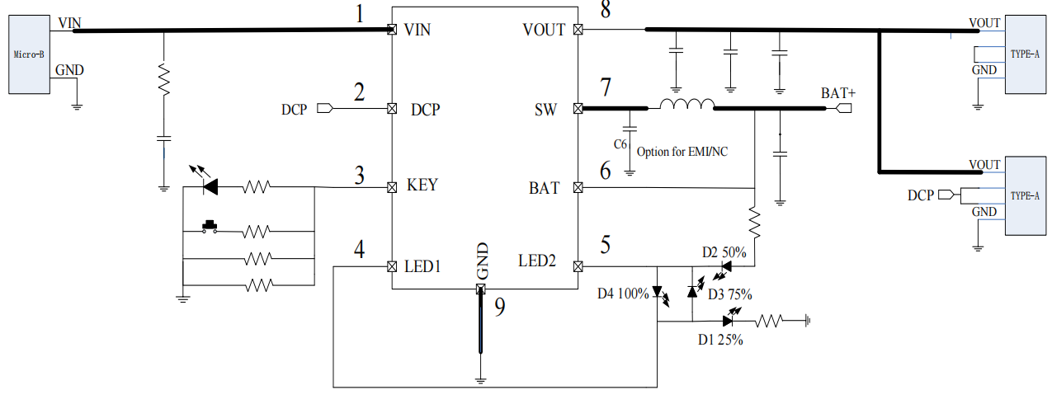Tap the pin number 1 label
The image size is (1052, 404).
click(x=358, y=13)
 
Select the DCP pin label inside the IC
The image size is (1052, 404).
click(x=425, y=109)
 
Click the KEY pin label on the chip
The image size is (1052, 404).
click(x=422, y=186)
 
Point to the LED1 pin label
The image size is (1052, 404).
click(x=423, y=266)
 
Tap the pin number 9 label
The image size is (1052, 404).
click(x=498, y=307)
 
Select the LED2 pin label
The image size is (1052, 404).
click(x=537, y=261)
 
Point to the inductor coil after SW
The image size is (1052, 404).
click(x=686, y=105)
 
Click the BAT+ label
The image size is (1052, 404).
click(x=837, y=93)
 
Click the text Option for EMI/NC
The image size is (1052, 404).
click(x=682, y=152)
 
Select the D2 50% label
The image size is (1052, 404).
click(x=724, y=251)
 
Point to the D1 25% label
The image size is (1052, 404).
click(x=719, y=339)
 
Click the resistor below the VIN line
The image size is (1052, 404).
click(x=163, y=79)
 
